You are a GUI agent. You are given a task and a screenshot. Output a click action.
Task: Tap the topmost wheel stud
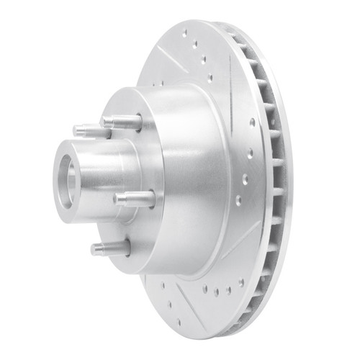coord(124,122)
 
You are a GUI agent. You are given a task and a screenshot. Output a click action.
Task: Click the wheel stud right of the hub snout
coord(135,199)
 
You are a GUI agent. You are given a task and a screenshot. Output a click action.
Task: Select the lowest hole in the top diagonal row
coord(210,78)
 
